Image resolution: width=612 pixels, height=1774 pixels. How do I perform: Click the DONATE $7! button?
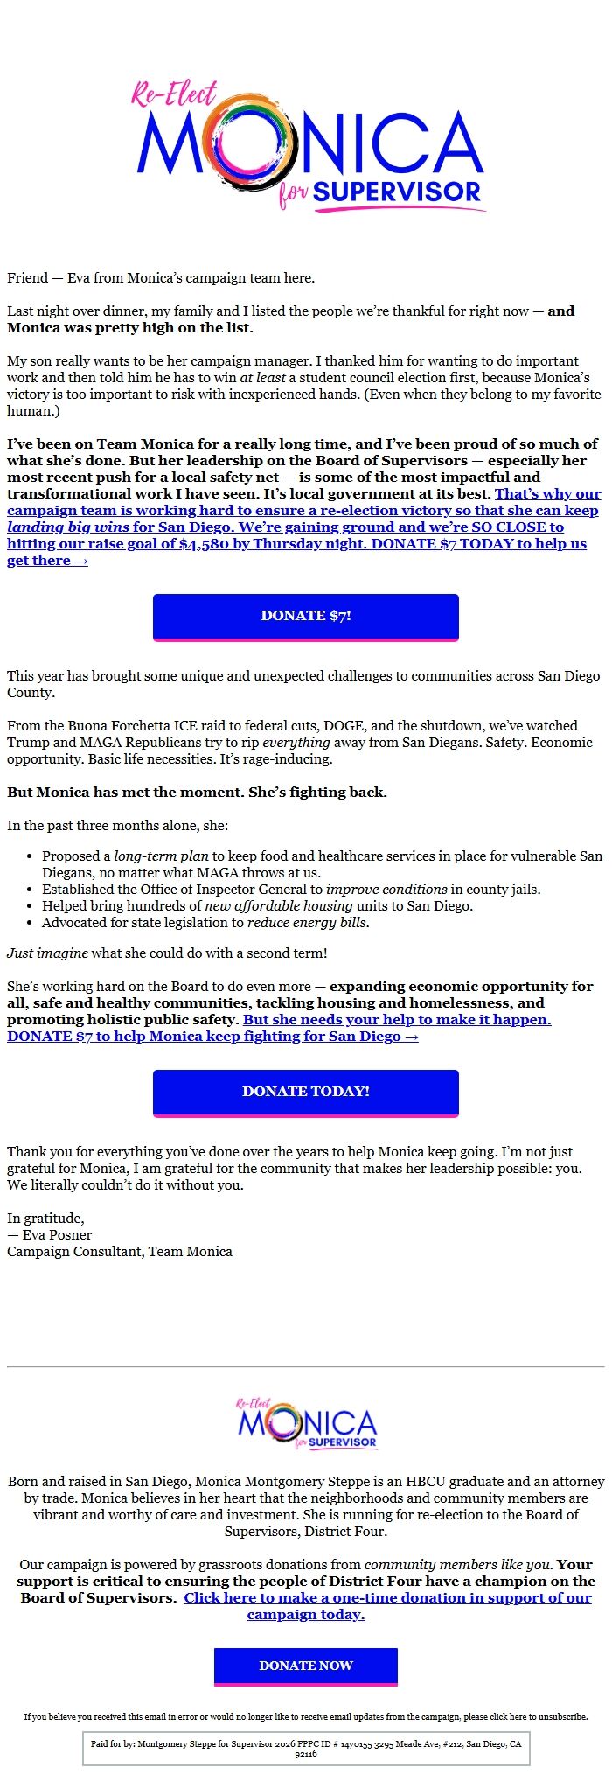pos(306,616)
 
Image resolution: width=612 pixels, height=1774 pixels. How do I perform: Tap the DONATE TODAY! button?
pos(306,1092)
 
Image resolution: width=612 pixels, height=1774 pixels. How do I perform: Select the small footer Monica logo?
pos(306,1424)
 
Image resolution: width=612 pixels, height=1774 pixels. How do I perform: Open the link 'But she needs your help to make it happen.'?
pos(397,1020)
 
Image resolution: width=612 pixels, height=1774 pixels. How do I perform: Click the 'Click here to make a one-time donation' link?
pos(386,1598)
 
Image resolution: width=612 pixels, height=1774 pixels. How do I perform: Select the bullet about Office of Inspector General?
pos(291,890)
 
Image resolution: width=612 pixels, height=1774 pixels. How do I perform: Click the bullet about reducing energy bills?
pos(205,923)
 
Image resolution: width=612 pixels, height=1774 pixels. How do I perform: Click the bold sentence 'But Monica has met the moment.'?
pos(126,793)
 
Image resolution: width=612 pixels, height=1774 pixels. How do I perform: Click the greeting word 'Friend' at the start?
pos(27,278)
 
